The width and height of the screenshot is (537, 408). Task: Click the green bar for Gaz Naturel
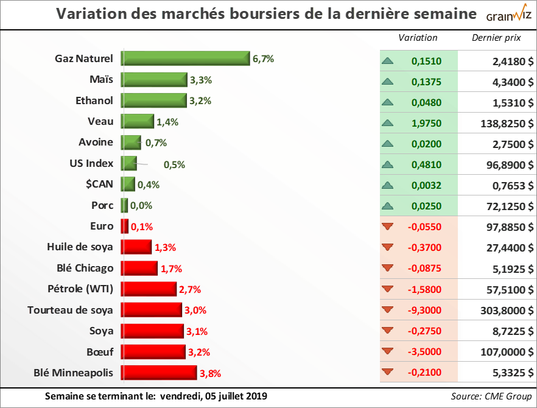click(x=186, y=58)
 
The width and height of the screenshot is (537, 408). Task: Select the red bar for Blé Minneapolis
click(x=159, y=373)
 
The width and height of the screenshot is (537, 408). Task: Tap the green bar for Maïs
click(x=154, y=80)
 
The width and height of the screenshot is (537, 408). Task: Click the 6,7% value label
click(x=263, y=59)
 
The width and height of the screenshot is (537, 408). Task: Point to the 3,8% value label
click(x=209, y=373)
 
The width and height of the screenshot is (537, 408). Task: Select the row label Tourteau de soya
click(x=70, y=310)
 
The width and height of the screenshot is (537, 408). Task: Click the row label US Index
click(x=91, y=163)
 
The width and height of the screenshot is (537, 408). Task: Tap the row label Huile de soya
click(x=80, y=247)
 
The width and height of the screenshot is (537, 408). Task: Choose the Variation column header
click(x=418, y=38)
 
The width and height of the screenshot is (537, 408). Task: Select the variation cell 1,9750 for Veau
click(x=426, y=122)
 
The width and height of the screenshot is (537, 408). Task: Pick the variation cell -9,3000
click(x=424, y=310)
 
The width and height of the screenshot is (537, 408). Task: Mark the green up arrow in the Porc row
click(x=387, y=206)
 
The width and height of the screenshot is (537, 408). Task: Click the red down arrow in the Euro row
click(x=387, y=227)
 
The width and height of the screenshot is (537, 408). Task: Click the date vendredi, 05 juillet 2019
click(x=210, y=396)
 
